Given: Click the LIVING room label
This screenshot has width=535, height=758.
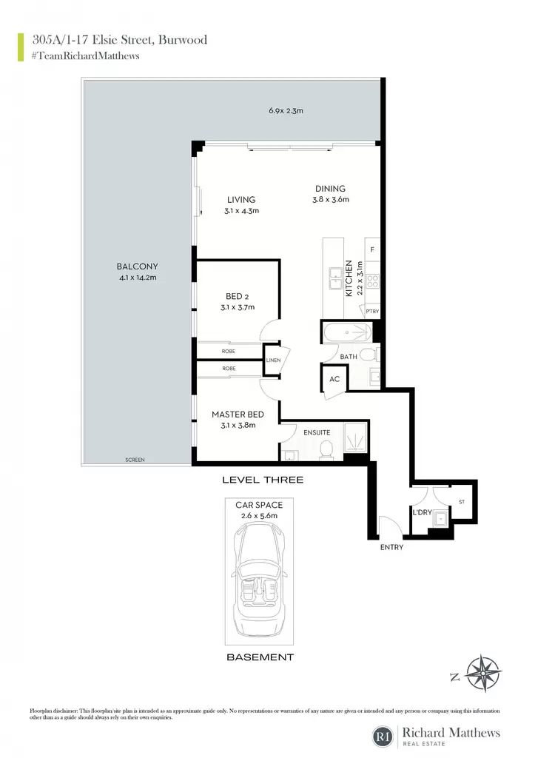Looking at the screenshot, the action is click(241, 200).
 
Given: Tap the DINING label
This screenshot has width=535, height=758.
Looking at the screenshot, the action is click(331, 189).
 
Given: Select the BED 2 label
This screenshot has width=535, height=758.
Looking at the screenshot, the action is click(238, 296).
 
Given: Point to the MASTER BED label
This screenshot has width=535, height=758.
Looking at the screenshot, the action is click(238, 415).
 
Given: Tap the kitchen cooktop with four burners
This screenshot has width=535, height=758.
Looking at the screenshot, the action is click(373, 281).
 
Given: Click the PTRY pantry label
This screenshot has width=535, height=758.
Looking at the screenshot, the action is click(372, 312).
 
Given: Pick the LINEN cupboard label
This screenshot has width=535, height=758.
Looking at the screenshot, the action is click(274, 360).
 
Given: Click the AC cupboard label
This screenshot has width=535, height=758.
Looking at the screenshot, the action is click(334, 379).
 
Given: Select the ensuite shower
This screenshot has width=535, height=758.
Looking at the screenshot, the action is click(356, 437).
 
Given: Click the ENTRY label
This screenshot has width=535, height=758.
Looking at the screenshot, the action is click(391, 547).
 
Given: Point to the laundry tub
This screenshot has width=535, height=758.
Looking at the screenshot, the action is click(441, 519).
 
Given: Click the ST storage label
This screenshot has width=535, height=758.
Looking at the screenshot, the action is click(462, 502).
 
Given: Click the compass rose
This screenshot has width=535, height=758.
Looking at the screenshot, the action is click(482, 674).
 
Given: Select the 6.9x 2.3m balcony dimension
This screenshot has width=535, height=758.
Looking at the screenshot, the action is click(286, 111).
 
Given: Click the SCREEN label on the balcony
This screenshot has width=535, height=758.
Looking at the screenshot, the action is click(135, 460).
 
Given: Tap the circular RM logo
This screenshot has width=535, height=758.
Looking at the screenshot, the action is click(384, 737).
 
